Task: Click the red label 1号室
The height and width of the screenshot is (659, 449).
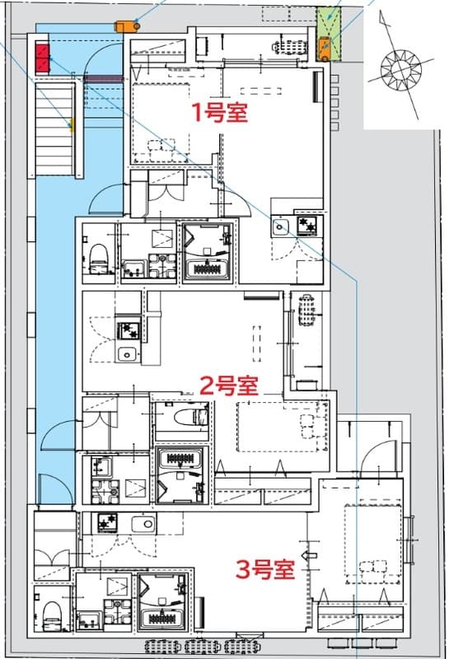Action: point(220,113)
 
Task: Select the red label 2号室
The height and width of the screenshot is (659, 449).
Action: point(230,385)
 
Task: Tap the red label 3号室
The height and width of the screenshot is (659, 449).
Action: point(265,569)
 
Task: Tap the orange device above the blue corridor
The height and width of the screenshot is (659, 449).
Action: point(126,25)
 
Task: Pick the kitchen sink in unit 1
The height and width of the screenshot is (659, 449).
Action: point(282,227)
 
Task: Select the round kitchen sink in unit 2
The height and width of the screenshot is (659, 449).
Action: point(127,354)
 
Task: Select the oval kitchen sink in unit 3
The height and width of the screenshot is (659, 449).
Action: point(143,522)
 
